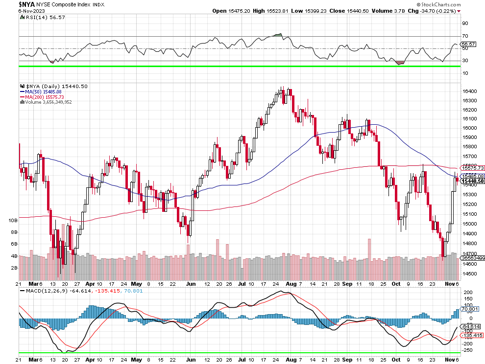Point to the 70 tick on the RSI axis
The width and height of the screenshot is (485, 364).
pyautogui.click(x=465, y=36)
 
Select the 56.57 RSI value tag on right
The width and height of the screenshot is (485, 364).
pyautogui.click(x=469, y=44)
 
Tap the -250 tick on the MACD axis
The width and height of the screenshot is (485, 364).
pyautogui.click(x=468, y=350)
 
